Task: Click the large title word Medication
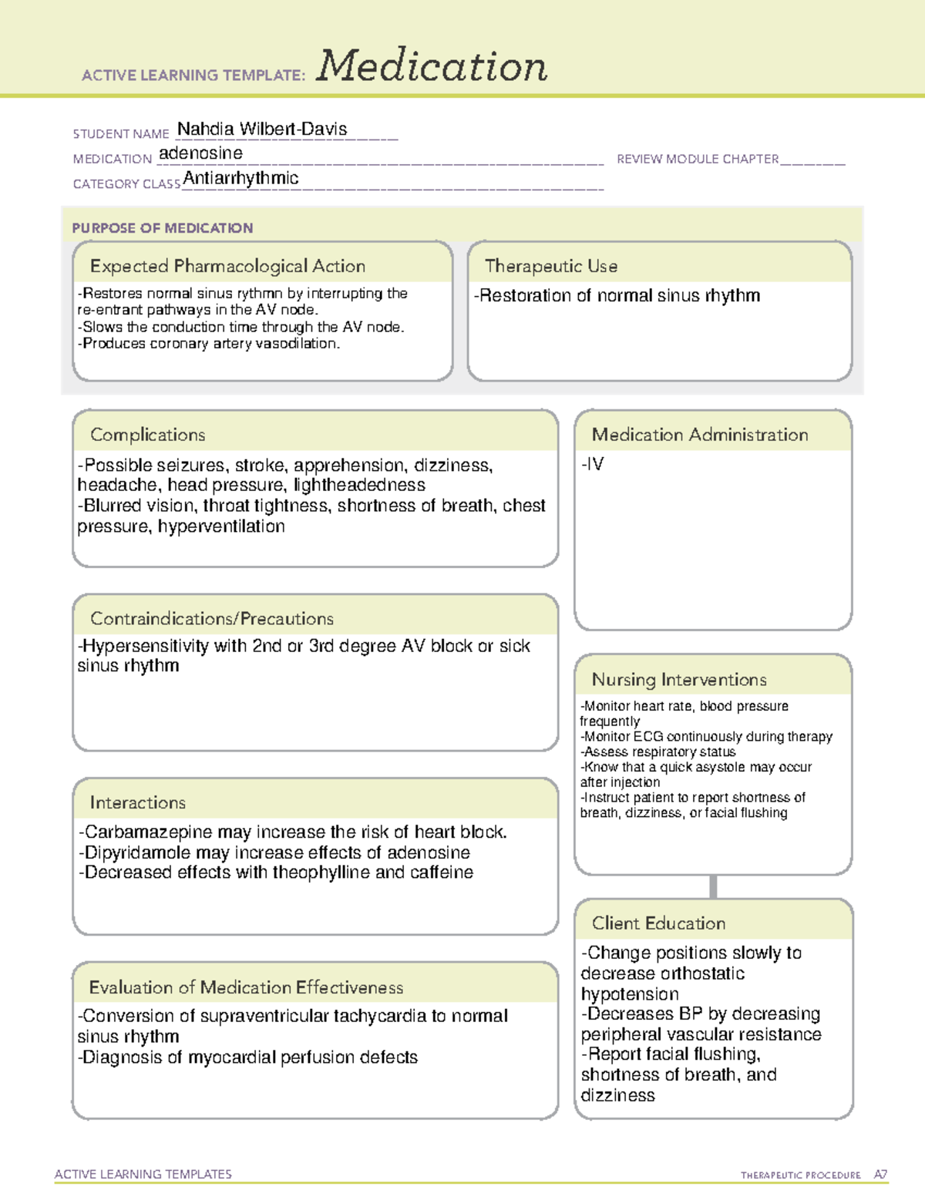tap(432, 66)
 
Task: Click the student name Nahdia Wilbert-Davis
tap(262, 129)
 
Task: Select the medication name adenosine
tap(200, 153)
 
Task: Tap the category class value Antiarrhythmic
tap(240, 178)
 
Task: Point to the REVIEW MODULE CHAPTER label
tap(698, 159)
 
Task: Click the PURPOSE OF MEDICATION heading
tap(162, 228)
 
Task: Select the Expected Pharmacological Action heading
tap(227, 267)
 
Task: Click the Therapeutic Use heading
tap(551, 267)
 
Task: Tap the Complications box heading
tap(147, 435)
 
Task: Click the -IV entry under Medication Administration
tap(593, 464)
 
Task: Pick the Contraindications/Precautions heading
tap(212, 619)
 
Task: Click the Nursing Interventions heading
tap(679, 680)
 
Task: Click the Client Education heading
tap(658, 923)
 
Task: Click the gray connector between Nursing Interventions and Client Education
tap(713, 886)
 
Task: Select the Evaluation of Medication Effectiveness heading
tap(246, 987)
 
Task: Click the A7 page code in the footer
tap(880, 1175)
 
